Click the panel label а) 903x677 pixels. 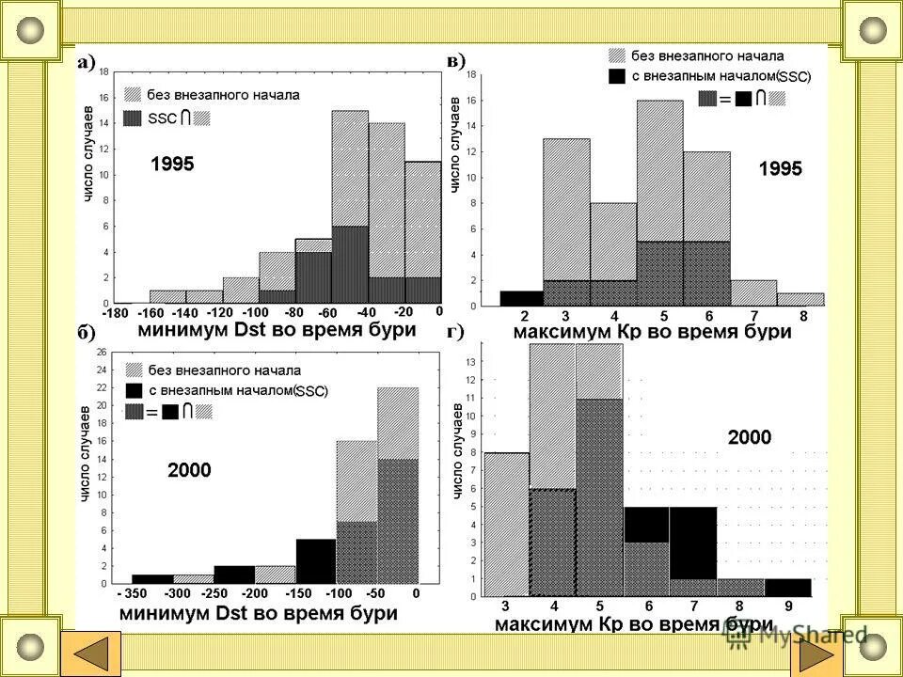87,63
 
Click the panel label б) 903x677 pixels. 86,332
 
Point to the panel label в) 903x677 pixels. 455,61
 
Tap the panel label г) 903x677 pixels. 454,331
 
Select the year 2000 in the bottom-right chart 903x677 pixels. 750,437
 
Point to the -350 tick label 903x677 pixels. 131,593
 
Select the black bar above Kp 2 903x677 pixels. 521,298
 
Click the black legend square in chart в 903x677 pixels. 617,75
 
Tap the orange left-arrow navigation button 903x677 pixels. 90,653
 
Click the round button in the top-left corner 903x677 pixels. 31,30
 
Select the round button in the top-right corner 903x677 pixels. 872,30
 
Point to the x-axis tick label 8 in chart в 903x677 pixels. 802,316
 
